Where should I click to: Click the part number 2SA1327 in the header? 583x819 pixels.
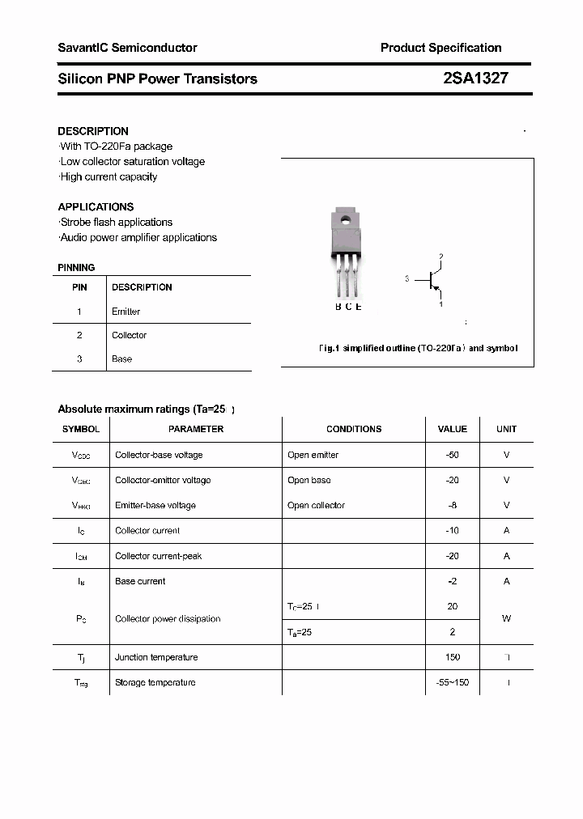point(476,79)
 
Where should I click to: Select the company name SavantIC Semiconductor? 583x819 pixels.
point(127,48)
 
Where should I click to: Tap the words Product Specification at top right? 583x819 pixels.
point(440,48)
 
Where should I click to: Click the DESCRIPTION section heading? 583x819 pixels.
point(93,131)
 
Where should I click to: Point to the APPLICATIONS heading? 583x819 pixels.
point(96,206)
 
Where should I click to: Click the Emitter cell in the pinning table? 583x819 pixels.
point(126,312)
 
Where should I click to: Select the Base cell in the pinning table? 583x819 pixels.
point(121,359)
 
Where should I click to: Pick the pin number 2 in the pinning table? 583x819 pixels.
point(79,335)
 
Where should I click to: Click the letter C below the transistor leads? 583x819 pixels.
point(348,307)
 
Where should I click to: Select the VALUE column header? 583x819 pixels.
point(452,429)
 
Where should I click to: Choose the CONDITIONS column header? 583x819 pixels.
point(354,429)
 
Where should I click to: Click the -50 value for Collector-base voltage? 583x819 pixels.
point(452,455)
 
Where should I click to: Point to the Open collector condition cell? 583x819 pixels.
point(316,506)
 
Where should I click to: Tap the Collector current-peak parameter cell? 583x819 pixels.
point(159,556)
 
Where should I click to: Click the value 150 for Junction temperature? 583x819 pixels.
point(452,657)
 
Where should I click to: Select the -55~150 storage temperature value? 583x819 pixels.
point(452,682)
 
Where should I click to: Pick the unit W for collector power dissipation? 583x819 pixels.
point(506,619)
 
